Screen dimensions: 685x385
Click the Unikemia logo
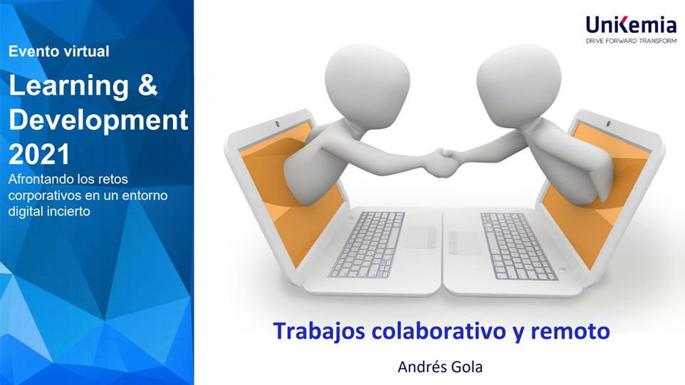point(632,29)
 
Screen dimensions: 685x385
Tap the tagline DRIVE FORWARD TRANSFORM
point(632,41)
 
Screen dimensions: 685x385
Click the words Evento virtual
point(59,51)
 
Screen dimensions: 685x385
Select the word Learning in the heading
point(68,86)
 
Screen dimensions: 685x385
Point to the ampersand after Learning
point(147,85)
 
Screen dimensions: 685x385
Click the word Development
point(98,120)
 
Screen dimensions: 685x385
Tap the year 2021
point(39,154)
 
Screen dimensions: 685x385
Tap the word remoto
point(570,332)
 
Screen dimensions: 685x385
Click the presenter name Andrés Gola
point(440,366)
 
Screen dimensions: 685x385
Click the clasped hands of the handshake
point(442,163)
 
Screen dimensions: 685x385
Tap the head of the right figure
point(518,81)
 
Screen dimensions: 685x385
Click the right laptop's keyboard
point(518,246)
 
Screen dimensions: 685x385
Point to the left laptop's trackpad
point(420,237)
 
